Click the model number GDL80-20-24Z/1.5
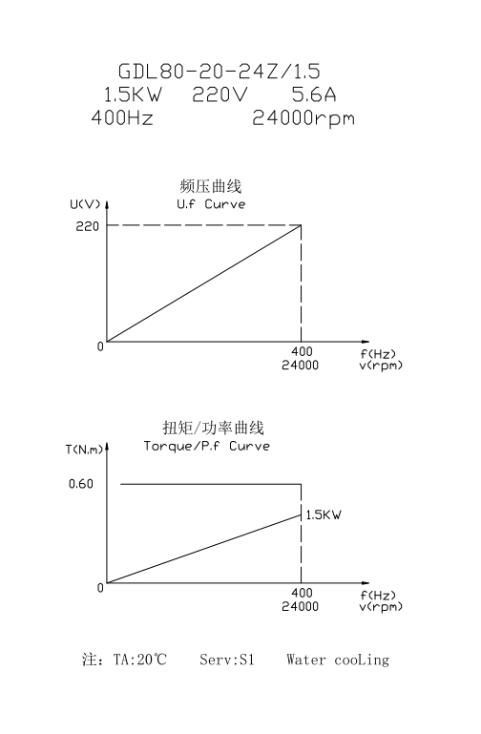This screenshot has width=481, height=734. coord(219,72)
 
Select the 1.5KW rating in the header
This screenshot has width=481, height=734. coord(133,94)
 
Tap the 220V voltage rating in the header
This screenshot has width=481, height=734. coord(220,94)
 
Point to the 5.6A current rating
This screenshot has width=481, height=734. coord(314,94)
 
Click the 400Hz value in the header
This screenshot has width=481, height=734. coord(122,117)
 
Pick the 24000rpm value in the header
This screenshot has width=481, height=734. coord(303,119)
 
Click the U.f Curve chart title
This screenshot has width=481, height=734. coord(211,204)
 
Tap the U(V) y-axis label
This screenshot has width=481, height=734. coord(85,204)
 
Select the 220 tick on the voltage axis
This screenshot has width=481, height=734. coord(88,226)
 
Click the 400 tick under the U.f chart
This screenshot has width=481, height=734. coord(302,351)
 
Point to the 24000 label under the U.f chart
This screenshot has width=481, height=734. coord(300,366)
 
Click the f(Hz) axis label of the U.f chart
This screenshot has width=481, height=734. coord(378,354)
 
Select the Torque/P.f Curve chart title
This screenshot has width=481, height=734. coord(207,446)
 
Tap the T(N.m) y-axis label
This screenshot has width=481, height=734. coord(84,450)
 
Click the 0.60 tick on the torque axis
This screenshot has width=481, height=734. coord(81,484)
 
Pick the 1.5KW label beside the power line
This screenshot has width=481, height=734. coord(324,514)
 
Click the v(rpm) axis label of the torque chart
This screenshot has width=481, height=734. coord(381,607)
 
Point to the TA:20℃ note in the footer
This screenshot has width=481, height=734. coord(140,660)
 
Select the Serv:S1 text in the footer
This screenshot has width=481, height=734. coord(227,660)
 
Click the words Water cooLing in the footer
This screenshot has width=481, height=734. coord(338,661)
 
